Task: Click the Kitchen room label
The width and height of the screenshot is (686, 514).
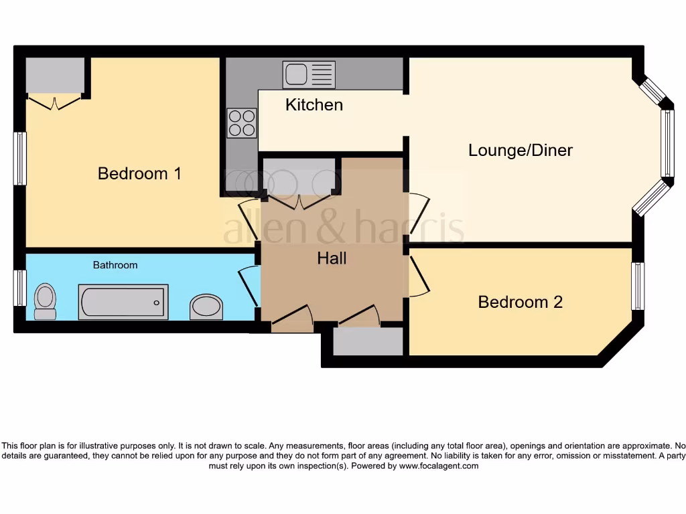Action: [314, 105]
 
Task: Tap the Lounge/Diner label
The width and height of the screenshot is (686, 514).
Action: [520, 150]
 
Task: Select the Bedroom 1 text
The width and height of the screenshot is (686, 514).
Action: [139, 173]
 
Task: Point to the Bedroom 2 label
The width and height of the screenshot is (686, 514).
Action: [520, 302]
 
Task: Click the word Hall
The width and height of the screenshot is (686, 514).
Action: [332, 258]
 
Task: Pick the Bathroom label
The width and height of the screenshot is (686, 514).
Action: [115, 265]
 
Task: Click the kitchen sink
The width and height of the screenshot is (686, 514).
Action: [308, 74]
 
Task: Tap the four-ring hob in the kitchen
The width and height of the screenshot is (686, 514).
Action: [242, 122]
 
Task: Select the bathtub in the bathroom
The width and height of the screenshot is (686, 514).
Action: [123, 302]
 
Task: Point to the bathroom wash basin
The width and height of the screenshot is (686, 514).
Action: [206, 307]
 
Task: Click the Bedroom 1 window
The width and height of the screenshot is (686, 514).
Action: [20, 159]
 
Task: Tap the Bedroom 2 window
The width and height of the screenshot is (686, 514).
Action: [638, 286]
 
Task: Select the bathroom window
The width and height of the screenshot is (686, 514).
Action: [20, 288]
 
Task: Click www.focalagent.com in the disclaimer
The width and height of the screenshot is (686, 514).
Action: [439, 466]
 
